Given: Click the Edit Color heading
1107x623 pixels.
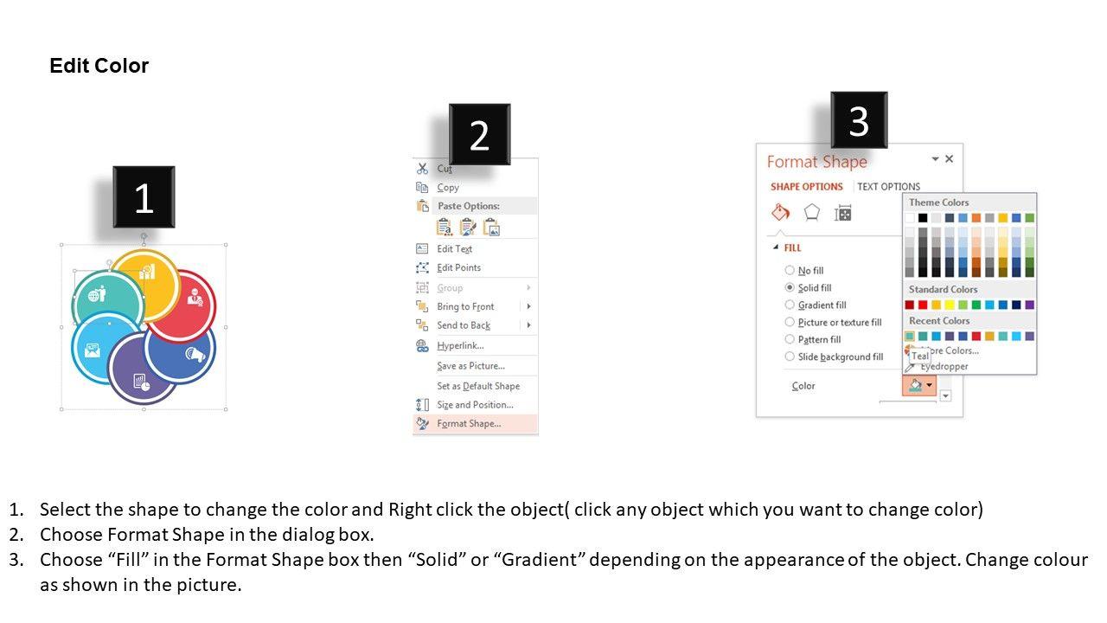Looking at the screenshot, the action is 99,65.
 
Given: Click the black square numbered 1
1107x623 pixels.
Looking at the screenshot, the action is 144,196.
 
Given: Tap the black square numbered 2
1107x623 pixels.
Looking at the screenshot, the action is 479,134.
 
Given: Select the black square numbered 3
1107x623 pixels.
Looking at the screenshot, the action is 859,119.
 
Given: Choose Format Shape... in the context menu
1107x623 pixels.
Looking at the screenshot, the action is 469,424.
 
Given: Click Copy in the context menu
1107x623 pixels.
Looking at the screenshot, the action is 448,188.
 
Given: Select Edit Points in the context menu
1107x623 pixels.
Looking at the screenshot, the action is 458,267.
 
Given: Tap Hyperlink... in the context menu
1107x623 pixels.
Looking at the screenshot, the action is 460,345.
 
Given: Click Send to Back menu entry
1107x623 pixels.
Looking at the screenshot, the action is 464,325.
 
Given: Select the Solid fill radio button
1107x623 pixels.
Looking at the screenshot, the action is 790,287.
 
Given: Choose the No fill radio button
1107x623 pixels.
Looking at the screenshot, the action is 790,270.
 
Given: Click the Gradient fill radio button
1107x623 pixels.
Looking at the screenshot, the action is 790,305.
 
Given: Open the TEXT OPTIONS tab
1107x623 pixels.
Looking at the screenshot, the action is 888,186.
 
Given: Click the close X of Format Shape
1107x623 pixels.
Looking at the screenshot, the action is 949,158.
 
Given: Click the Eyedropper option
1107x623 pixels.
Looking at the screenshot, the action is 944,366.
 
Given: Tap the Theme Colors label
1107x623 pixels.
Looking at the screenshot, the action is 938,202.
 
